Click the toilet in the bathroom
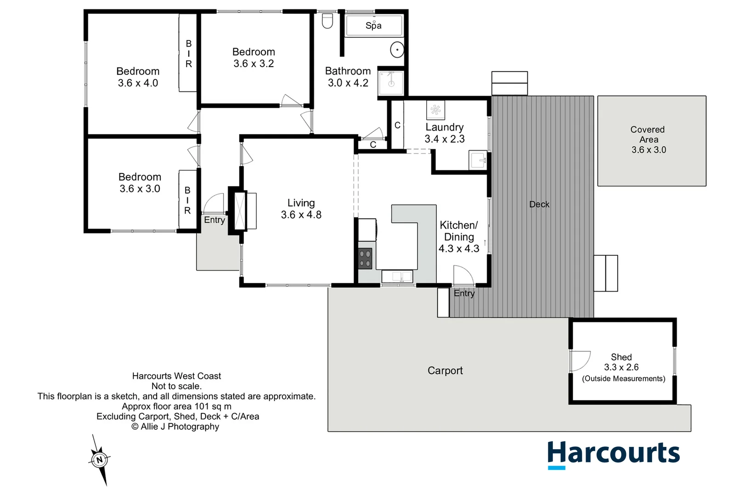point(327,21)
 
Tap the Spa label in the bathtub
point(373,26)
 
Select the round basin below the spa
point(397,50)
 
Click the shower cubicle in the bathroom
point(391,83)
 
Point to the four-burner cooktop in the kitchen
point(365,259)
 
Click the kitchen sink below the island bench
point(397,276)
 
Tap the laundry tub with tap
point(478,160)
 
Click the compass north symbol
point(100,459)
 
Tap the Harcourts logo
point(613,454)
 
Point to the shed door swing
point(580,361)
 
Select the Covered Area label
point(648,135)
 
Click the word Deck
point(539,204)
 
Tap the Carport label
point(445,371)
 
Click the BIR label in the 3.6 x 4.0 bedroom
point(188,54)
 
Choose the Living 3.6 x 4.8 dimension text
point(301,214)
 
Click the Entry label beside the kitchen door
point(464,293)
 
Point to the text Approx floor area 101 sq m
point(176,406)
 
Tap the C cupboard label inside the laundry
point(397,125)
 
